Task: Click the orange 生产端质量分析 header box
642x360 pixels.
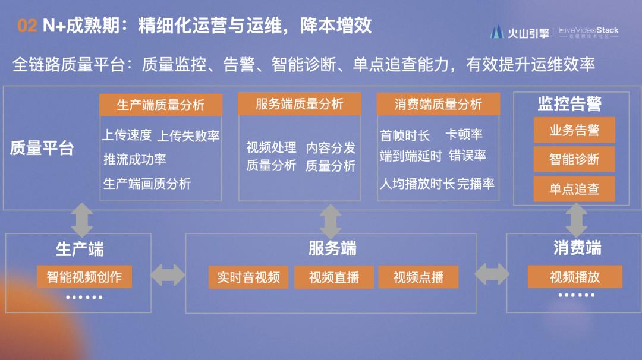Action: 160,105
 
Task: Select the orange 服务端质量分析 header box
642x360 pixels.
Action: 300,104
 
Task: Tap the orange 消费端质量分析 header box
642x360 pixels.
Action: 438,105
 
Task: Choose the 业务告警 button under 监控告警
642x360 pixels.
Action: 574,130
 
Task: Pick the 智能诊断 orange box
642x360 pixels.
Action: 574,159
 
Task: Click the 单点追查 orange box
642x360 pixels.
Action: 574,189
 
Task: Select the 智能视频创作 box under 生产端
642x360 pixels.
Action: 84,277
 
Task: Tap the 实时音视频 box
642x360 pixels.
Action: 248,277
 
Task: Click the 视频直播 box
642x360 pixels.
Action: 334,277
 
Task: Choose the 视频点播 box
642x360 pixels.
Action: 418,277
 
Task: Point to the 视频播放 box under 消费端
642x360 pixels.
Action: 575,277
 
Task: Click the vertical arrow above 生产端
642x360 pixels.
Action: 82,220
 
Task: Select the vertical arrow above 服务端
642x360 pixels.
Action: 331,222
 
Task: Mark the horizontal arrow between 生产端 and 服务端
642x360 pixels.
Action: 168,275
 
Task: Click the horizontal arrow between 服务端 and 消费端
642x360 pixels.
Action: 492,274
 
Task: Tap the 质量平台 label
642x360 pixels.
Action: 42,148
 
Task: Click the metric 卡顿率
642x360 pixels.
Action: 464,135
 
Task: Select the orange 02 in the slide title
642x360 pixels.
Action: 27,26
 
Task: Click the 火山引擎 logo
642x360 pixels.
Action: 520,33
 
